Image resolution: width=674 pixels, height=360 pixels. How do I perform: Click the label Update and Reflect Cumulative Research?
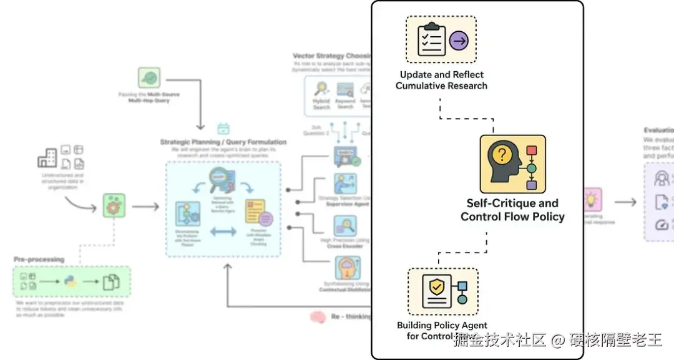pyautogui.click(x=441, y=80)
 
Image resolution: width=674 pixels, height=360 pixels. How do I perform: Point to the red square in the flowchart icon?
pyautogui.click(x=531, y=150)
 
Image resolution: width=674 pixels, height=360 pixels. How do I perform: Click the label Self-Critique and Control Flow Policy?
pyautogui.click(x=512, y=210)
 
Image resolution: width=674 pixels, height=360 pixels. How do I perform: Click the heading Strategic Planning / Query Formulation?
pyautogui.click(x=223, y=142)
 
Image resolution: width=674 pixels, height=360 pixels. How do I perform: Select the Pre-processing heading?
pyautogui.click(x=39, y=259)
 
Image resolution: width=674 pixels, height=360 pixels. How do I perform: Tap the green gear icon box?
pyautogui.click(x=113, y=205)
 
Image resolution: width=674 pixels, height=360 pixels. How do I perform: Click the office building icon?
pyautogui.click(x=47, y=157)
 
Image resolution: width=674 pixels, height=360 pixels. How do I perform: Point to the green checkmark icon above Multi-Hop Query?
pyautogui.click(x=149, y=79)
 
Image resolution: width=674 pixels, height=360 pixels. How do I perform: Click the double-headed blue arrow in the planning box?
pyautogui.click(x=223, y=231)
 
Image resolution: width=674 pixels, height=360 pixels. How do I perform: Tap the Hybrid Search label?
pyautogui.click(x=321, y=104)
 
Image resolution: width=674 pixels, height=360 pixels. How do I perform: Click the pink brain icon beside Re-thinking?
pyautogui.click(x=318, y=317)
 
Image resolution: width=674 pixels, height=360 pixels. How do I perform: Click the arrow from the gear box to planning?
pyautogui.click(x=145, y=205)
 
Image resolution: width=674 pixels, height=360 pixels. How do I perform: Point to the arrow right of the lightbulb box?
pyautogui.click(x=625, y=202)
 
